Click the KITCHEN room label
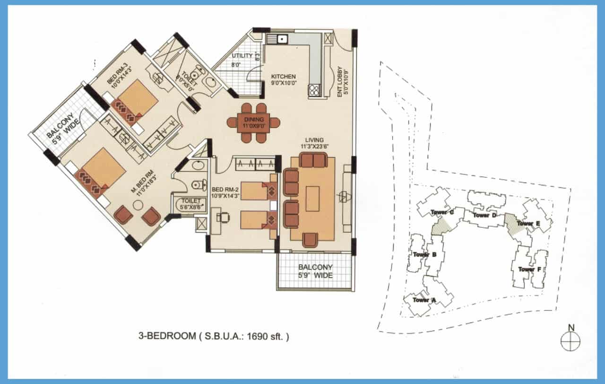tap(283, 76)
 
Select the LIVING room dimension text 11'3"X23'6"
tap(314, 147)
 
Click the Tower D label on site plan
tap(484, 215)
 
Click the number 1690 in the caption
tap(261, 337)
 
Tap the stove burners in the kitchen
tap(314, 90)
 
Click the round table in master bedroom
tap(138, 205)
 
